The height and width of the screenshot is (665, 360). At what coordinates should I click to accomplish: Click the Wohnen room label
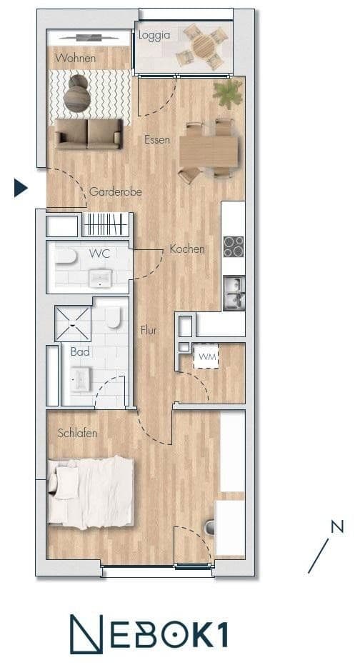(74, 59)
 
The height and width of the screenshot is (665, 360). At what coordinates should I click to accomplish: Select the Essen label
(156, 139)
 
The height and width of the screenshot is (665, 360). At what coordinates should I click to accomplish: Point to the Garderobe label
(115, 191)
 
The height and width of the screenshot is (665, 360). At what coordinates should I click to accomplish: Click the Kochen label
(187, 249)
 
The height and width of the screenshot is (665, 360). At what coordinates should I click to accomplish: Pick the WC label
(99, 254)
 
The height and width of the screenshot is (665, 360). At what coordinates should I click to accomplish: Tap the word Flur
(148, 331)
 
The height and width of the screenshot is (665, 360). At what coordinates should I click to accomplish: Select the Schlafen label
(77, 433)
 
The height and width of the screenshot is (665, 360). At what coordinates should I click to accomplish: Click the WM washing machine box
(206, 356)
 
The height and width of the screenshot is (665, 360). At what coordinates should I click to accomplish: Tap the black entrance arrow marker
(21, 188)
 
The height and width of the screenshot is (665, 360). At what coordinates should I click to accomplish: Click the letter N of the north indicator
(337, 527)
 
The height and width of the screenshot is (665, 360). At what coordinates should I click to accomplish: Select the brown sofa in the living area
(89, 134)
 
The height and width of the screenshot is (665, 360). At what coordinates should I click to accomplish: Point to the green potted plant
(228, 92)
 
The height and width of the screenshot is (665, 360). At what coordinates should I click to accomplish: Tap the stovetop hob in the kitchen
(234, 246)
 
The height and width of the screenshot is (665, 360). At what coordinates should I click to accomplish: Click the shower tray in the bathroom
(73, 324)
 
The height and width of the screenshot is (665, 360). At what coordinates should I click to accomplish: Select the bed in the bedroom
(91, 492)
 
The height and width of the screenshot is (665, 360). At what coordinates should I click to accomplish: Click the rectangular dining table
(209, 151)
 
